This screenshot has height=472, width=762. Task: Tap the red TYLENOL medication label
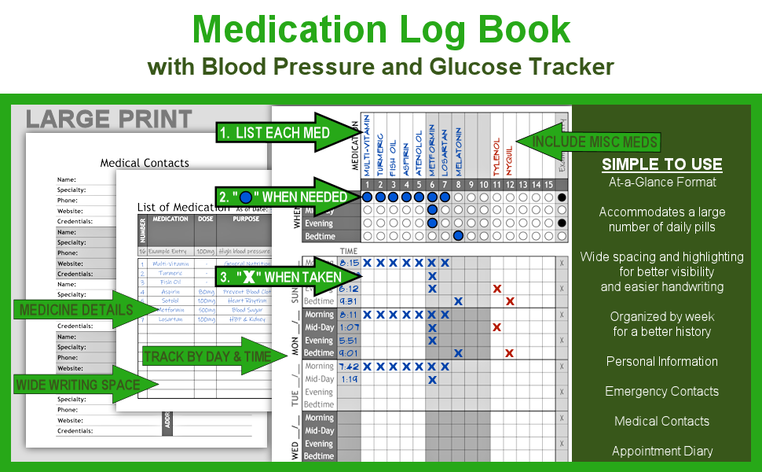pos(496,156)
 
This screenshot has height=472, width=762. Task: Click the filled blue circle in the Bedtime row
pos(458,236)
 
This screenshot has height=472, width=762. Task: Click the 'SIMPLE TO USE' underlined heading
pos(661,164)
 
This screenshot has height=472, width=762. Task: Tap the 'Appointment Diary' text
pos(661,451)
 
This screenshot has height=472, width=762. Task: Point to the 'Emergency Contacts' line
pos(661,391)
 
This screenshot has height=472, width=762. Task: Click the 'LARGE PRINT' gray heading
pos(108,120)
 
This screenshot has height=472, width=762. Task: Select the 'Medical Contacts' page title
pos(145,163)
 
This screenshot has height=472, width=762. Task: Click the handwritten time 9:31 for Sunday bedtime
pos(348,301)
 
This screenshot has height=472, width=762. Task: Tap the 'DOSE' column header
pos(205,219)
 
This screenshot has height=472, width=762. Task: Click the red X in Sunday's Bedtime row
pos(510,301)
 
